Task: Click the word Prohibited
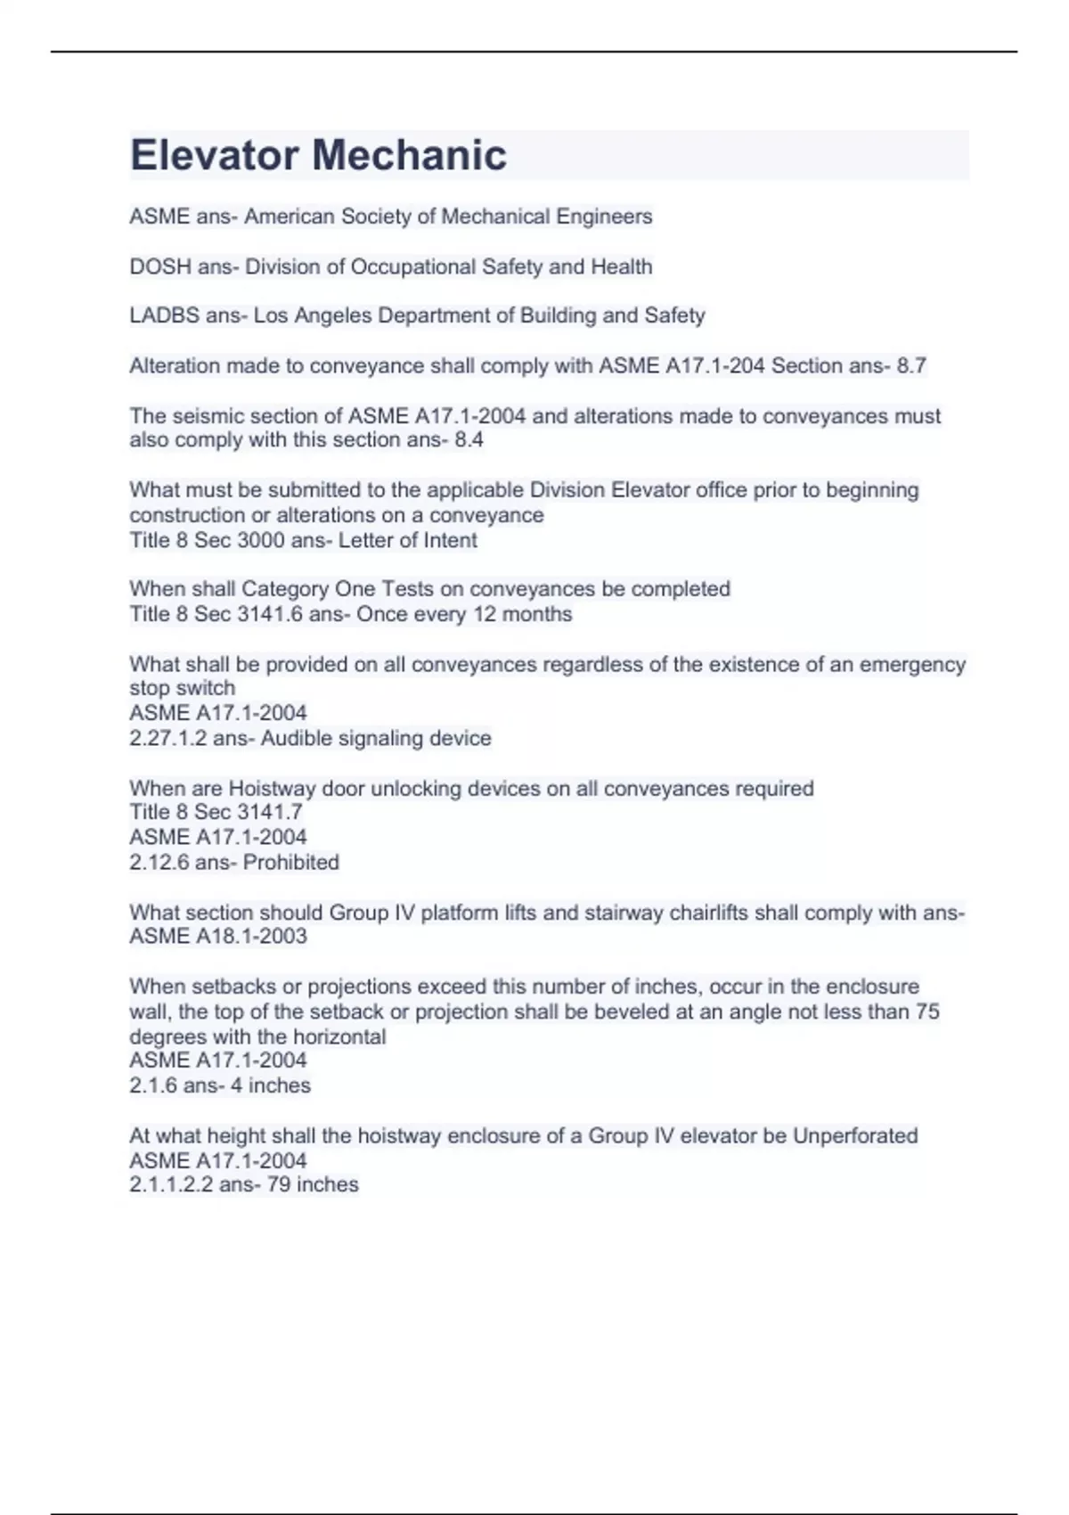(290, 862)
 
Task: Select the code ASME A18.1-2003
(218, 936)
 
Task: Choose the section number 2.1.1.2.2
(171, 1184)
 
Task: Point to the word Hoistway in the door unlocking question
(270, 788)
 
